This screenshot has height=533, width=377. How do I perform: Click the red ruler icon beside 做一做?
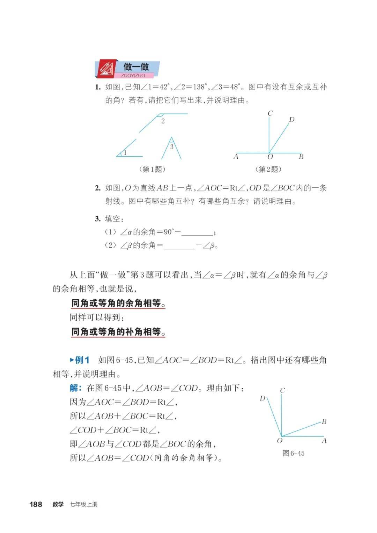tap(107, 69)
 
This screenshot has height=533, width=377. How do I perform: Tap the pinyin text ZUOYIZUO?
tap(133, 75)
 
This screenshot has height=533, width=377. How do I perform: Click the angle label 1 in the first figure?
tap(125, 152)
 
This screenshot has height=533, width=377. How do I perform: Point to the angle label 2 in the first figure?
tap(163, 121)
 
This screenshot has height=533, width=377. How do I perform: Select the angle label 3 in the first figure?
tap(171, 147)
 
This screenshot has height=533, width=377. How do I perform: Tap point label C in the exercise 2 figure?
tap(270, 113)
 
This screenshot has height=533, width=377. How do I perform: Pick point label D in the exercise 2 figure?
tap(291, 120)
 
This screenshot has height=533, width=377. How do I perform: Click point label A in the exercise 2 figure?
tap(236, 157)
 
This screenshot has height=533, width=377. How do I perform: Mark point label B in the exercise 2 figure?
tap(301, 157)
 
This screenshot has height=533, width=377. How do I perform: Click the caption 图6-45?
tap(293, 453)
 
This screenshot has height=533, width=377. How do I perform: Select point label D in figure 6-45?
tap(263, 398)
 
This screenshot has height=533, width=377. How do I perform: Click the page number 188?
tap(36, 504)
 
